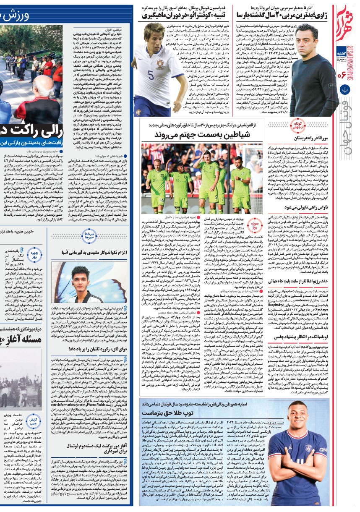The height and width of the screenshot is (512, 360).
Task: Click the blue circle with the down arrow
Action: click(345, 89)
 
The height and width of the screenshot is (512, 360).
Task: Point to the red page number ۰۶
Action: click(345, 75)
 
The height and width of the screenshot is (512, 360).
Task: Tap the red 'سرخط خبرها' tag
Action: click(90, 235)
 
